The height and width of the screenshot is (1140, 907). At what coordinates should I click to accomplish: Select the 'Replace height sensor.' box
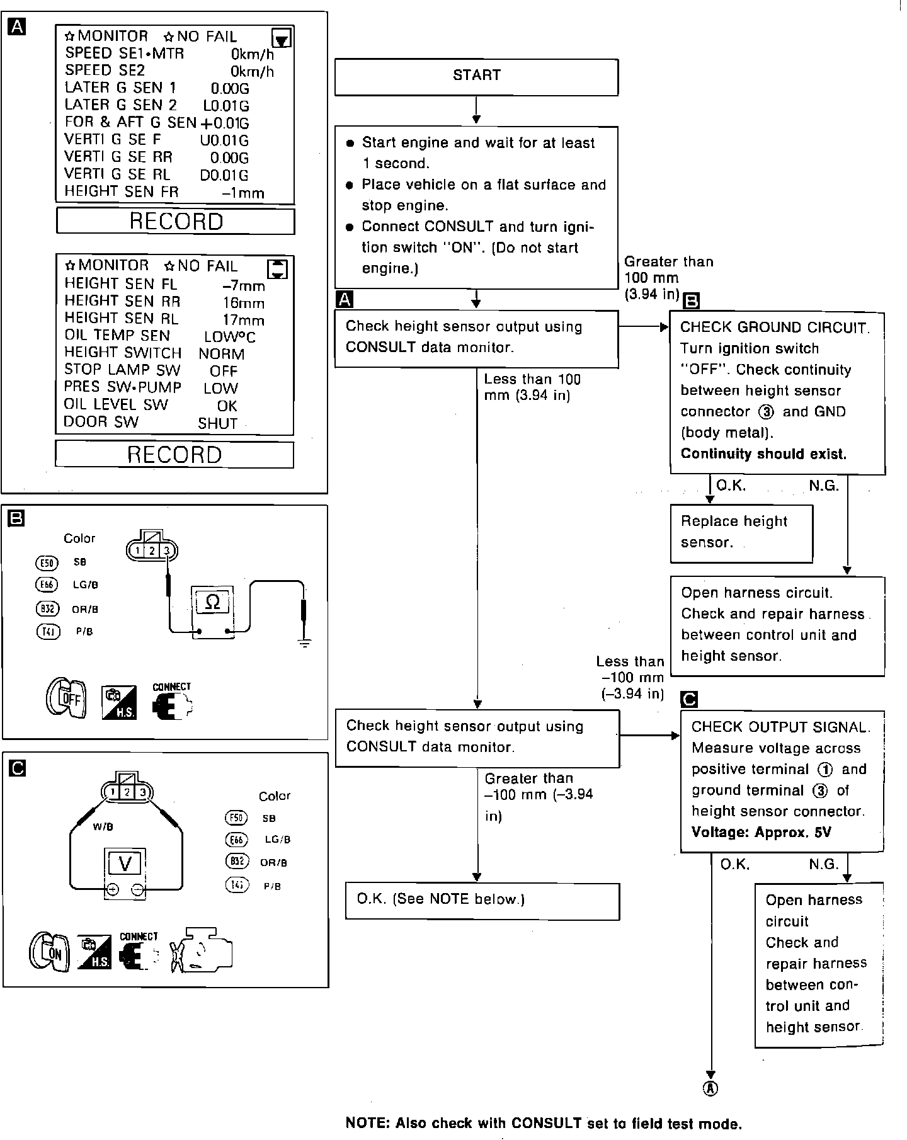(x=741, y=533)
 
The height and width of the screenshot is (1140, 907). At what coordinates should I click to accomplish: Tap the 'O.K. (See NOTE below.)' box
(x=482, y=901)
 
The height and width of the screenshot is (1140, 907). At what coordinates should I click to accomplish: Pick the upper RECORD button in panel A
(x=175, y=222)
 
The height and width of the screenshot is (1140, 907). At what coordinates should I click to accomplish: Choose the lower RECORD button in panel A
(x=174, y=455)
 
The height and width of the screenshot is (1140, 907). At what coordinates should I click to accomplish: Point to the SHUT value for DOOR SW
(x=217, y=424)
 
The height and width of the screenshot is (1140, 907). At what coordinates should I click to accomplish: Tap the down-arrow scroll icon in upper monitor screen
(x=283, y=39)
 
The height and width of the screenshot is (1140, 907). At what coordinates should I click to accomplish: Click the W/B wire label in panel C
(x=103, y=827)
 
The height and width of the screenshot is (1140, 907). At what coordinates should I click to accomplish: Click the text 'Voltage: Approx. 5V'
(x=761, y=833)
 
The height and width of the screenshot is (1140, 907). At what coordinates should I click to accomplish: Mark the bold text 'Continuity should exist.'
(x=763, y=454)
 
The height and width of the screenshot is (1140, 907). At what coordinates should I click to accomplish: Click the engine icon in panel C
(x=202, y=951)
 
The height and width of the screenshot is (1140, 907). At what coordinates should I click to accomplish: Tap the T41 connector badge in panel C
(x=236, y=886)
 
